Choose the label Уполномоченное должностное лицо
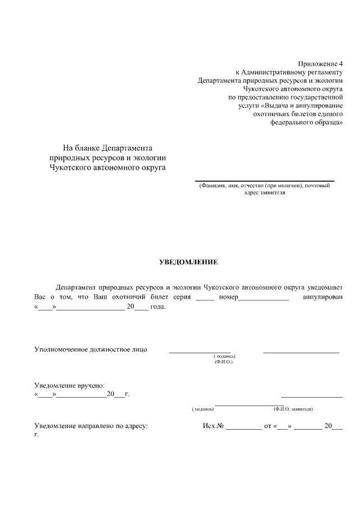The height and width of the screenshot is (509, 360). [91, 349]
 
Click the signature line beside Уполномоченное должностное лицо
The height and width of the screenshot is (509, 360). [200, 352]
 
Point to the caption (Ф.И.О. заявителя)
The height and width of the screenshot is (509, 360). [293, 409]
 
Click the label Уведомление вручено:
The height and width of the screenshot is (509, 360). [69, 385]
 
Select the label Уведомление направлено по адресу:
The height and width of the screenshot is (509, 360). [91, 427]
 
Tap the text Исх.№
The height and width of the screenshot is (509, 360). [213, 427]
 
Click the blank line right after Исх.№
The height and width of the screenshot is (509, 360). [244, 429]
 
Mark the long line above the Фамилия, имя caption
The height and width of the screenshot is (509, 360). [264, 181]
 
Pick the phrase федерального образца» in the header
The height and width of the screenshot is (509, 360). [307, 121]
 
